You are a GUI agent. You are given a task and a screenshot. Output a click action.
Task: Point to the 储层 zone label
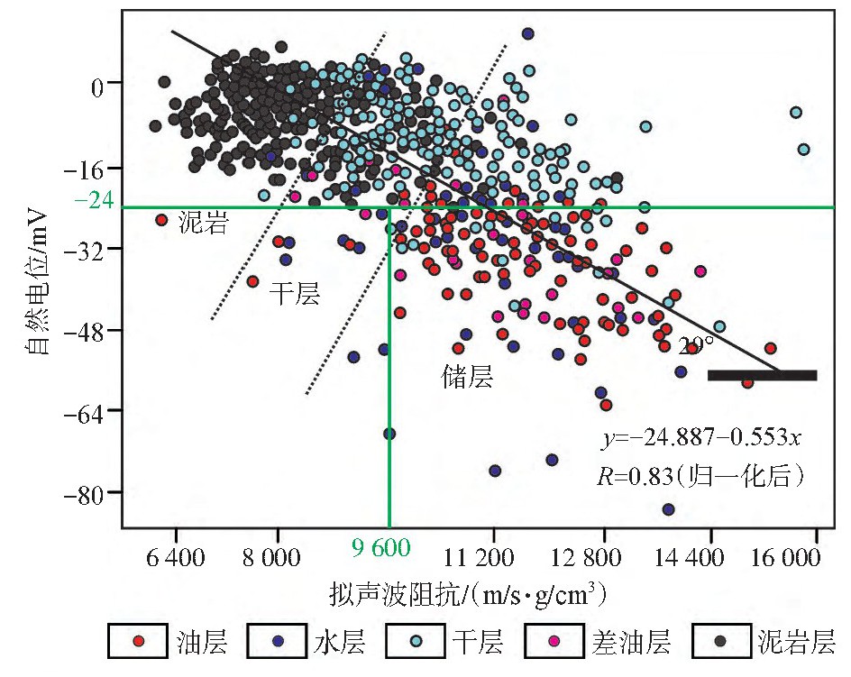(x=467, y=376)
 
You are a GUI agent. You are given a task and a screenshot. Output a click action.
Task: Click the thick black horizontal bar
(x=763, y=375)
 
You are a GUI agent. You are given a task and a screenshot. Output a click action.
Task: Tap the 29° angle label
(x=696, y=345)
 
